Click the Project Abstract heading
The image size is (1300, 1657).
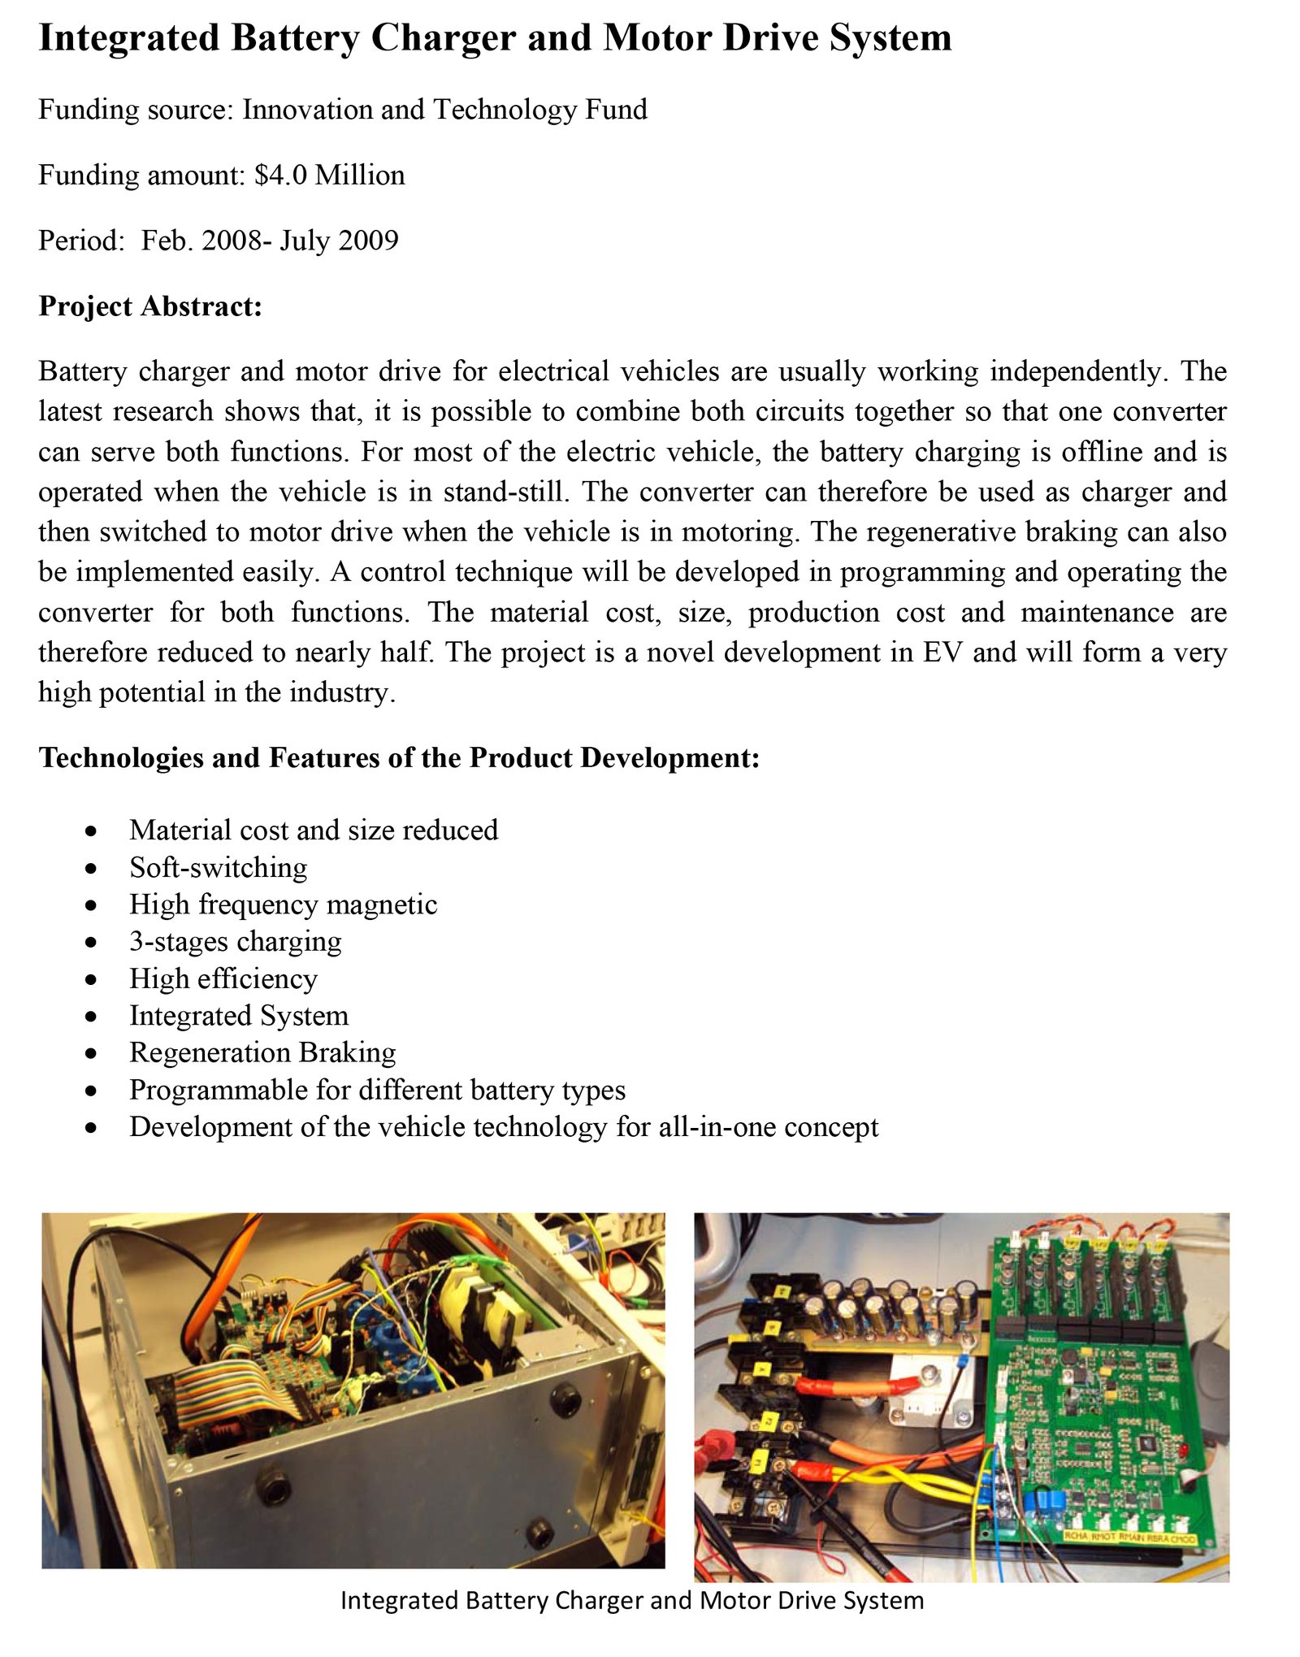click(150, 306)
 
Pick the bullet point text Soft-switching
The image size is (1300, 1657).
click(218, 868)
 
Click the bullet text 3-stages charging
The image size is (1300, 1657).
click(235, 942)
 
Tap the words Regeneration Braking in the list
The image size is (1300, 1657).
click(262, 1052)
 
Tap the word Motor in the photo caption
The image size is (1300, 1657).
click(728, 1601)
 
